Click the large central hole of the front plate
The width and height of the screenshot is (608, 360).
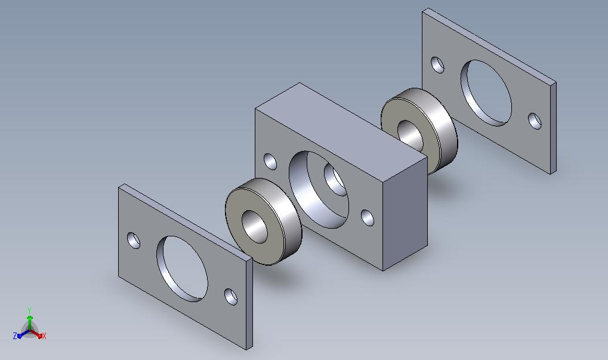click(182, 269)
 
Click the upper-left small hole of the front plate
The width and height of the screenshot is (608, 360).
click(134, 240)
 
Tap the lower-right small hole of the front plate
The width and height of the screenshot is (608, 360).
click(231, 296)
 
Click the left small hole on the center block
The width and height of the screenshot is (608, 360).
click(270, 161)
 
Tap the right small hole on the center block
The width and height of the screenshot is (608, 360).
click(368, 217)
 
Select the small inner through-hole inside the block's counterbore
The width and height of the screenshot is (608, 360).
click(335, 180)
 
